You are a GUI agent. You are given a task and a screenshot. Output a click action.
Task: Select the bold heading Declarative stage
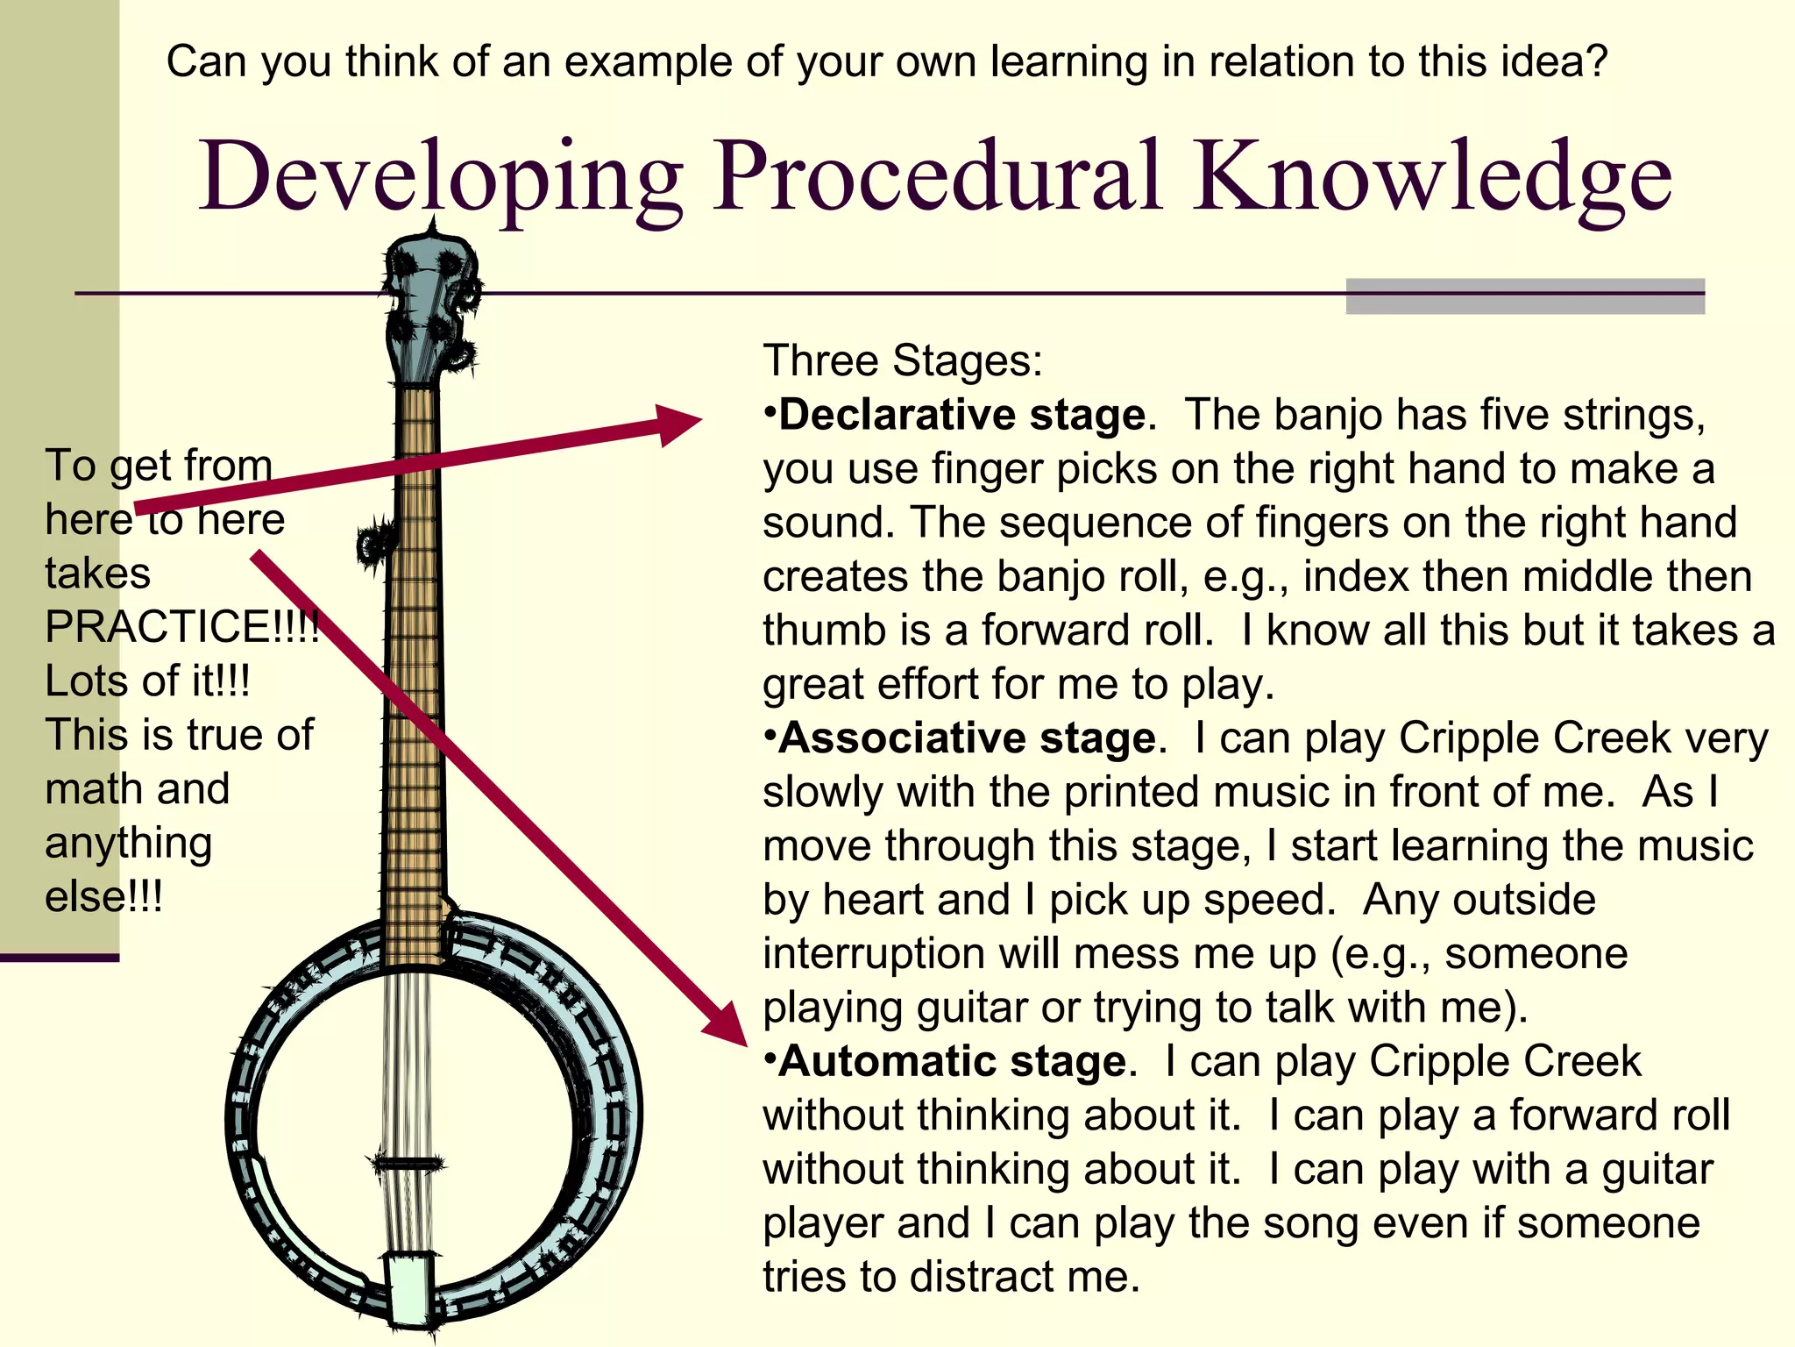pos(961,415)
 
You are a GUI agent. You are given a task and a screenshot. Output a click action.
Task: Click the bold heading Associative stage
pos(967,738)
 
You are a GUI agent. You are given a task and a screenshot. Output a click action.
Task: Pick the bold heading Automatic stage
pos(952,1062)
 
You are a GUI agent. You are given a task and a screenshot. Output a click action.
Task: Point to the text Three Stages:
pos(903,360)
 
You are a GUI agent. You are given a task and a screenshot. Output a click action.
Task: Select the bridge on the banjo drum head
pos(407,1164)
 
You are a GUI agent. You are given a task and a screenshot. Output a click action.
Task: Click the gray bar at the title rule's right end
pos(1524,296)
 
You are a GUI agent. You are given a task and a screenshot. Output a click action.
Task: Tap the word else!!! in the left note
pos(103,897)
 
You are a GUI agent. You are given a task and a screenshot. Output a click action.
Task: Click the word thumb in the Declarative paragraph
pos(812,631)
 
